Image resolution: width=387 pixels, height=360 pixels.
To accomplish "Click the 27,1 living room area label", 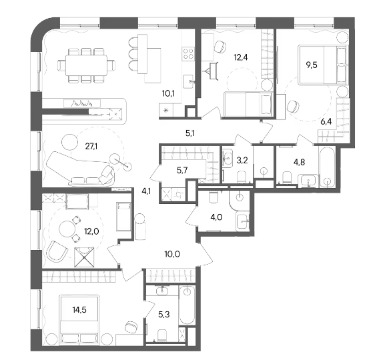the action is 91,147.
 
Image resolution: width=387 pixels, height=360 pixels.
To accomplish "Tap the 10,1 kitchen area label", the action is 168,93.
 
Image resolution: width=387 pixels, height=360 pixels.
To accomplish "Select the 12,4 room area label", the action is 241,57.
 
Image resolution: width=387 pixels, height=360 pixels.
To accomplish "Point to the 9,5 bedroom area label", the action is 312,65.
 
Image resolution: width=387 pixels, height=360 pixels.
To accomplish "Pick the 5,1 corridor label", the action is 190,133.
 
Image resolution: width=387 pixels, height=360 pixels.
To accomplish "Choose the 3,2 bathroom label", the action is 242,160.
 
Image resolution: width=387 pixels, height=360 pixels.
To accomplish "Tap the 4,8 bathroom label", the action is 299,162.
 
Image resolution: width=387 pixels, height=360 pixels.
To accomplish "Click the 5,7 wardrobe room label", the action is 182,170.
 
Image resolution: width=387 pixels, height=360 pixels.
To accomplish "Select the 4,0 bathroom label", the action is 216,217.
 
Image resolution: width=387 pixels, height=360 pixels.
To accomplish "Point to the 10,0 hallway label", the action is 172,254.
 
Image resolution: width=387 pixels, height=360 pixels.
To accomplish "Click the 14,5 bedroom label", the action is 79,310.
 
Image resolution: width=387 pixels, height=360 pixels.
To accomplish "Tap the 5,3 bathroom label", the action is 164,315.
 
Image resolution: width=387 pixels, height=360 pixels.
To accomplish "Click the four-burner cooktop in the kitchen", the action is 188,54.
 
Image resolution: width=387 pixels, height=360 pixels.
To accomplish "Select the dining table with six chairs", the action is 86,65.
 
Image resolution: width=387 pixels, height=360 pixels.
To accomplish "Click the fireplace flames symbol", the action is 82,103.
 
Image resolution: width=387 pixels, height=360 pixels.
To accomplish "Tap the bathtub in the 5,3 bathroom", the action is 187,305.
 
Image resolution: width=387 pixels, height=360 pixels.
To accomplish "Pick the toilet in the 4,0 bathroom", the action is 213,197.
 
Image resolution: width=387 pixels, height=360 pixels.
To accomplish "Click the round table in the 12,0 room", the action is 67,229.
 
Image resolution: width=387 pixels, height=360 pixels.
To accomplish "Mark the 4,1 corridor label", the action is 146,191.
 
